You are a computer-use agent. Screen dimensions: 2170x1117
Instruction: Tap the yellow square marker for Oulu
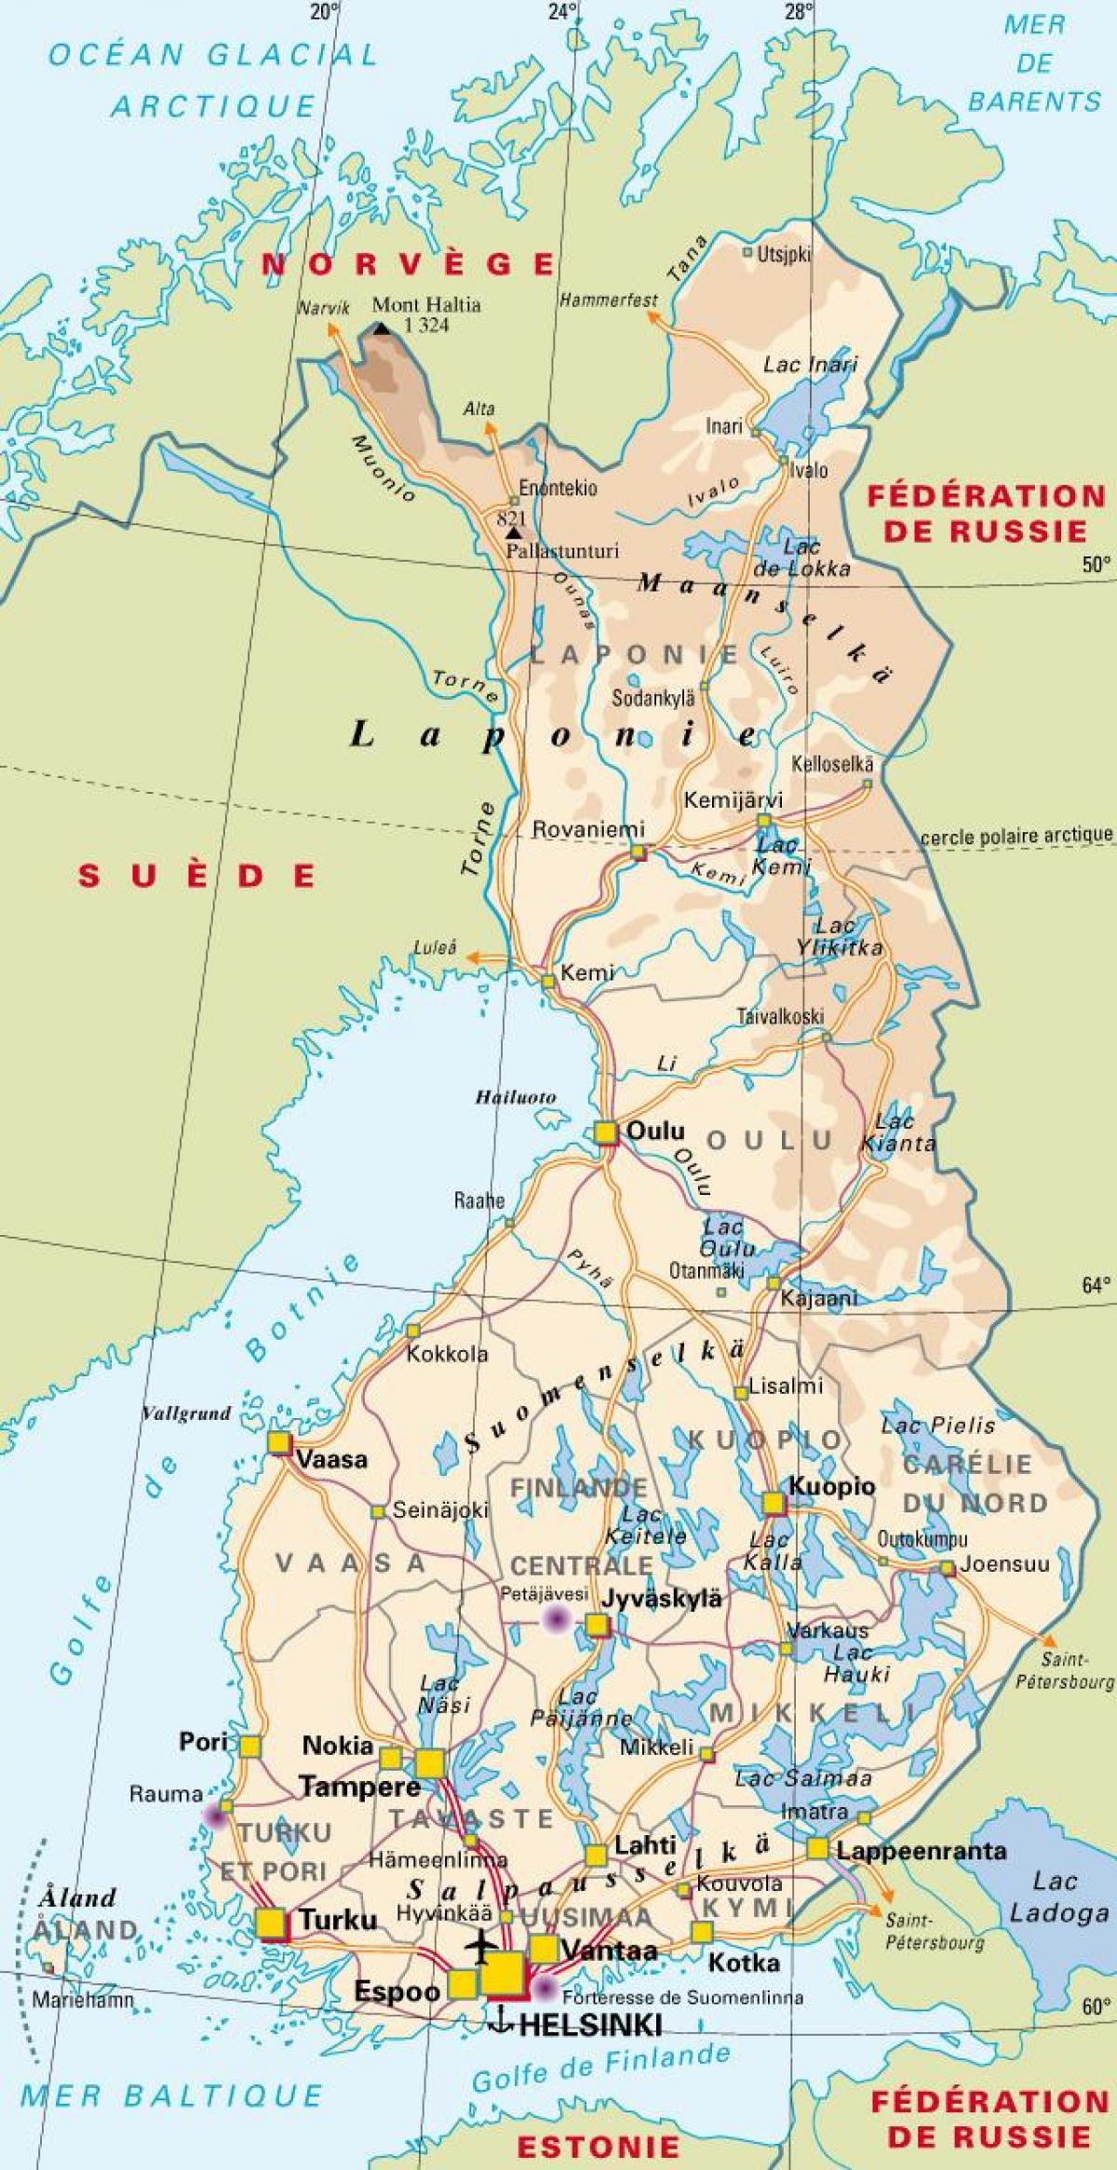pos(606,1132)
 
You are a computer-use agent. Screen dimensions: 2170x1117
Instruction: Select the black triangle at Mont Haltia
pos(381,328)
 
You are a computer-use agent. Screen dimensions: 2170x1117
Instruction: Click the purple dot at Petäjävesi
pos(557,1619)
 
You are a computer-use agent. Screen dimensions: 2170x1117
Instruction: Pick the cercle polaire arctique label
pos(1016,836)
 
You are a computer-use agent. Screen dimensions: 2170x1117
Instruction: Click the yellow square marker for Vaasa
pos(278,1443)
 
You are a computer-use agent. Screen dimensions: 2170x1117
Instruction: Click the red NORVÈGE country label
pos(408,264)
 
